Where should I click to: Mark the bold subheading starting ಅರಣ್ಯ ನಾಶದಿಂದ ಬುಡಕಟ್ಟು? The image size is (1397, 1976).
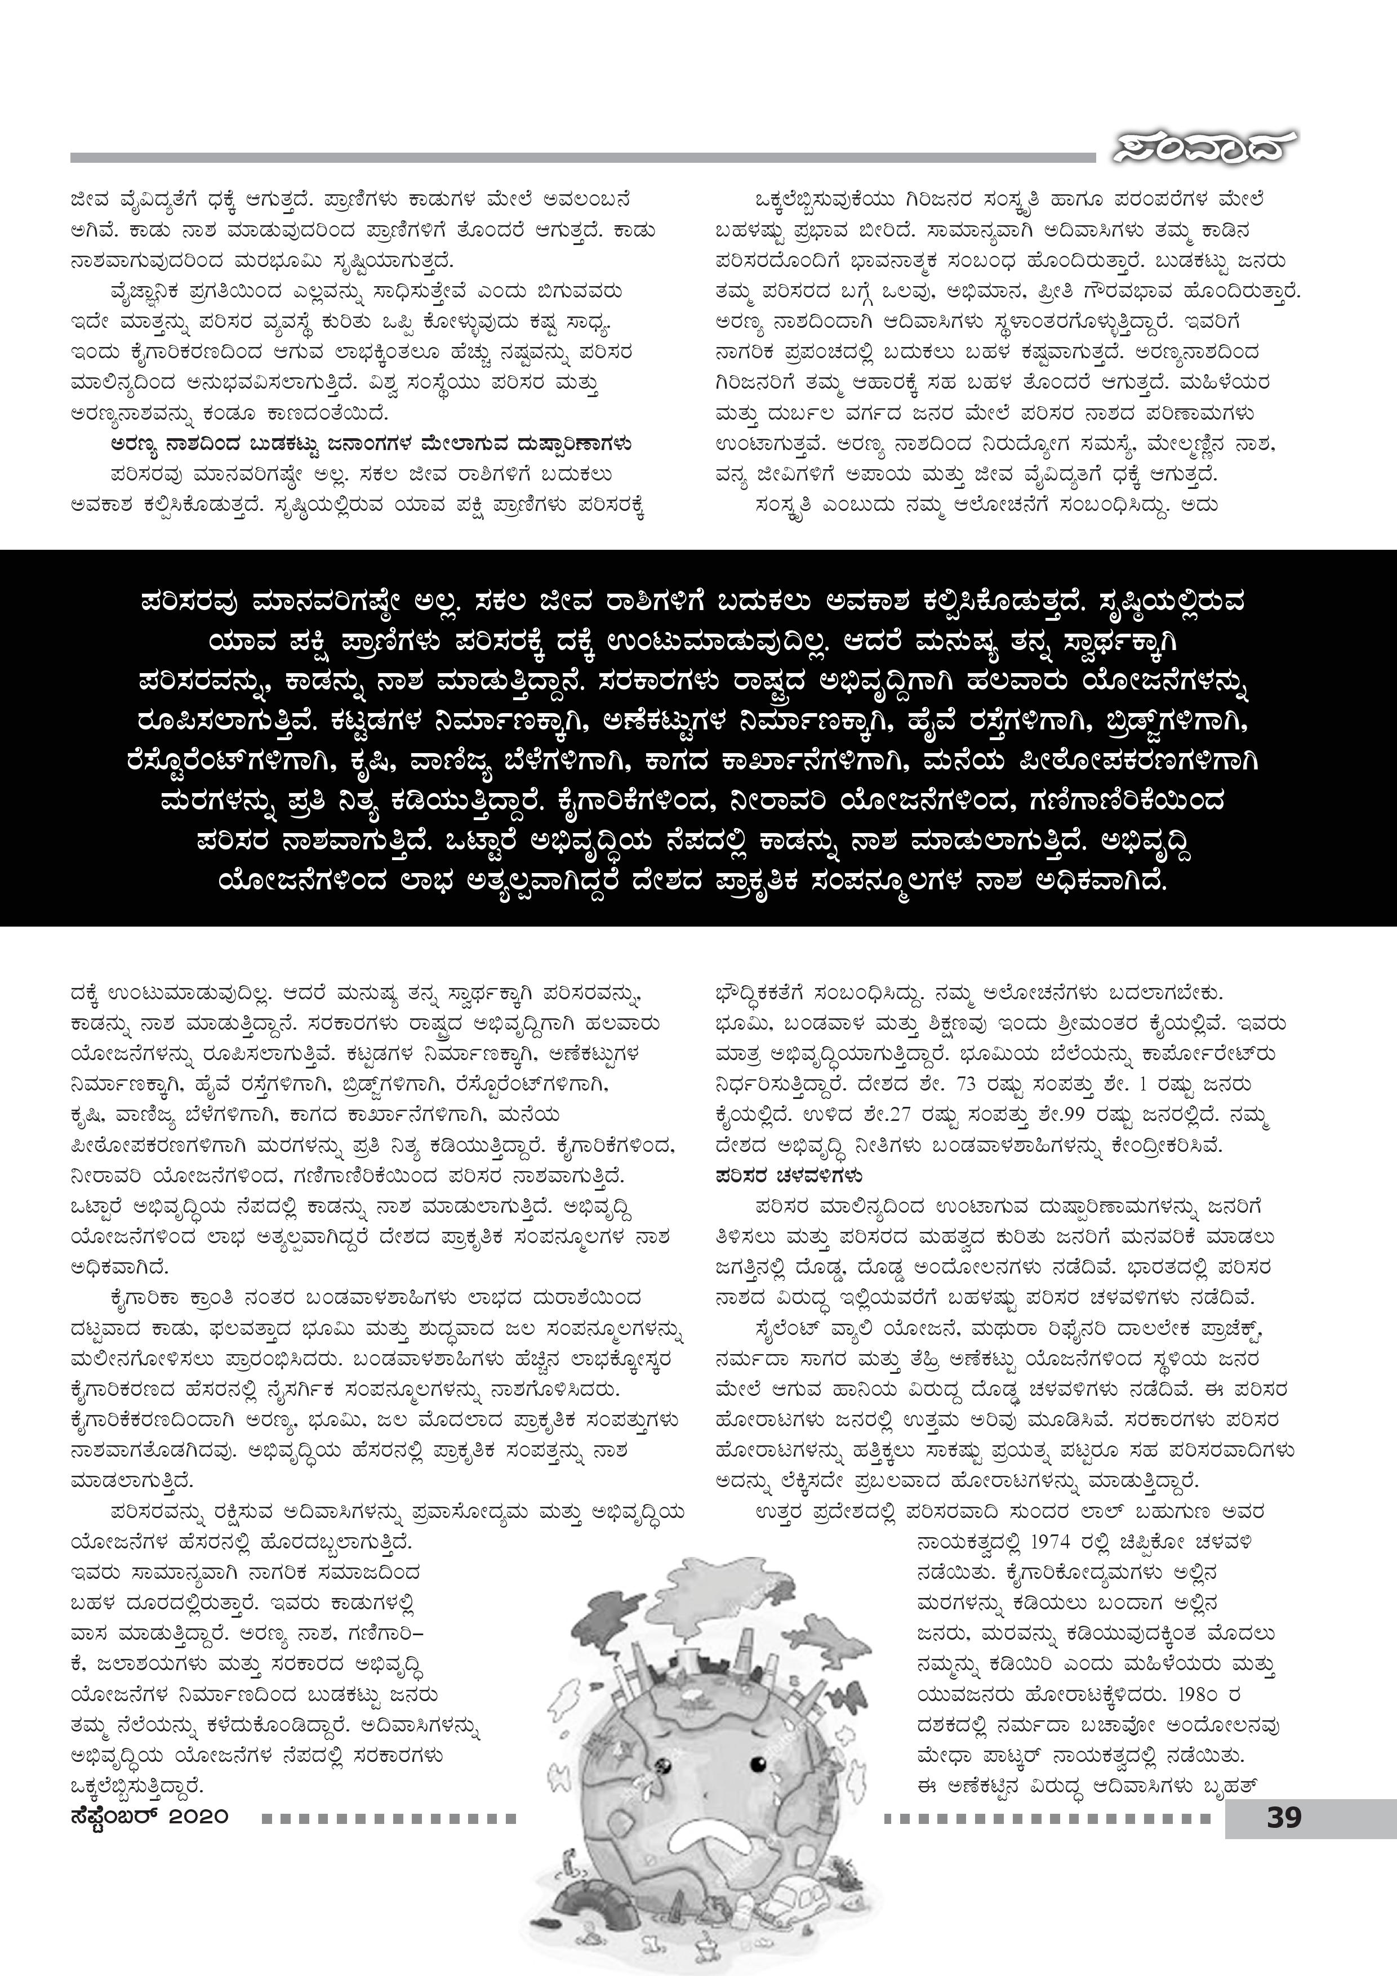371,445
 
